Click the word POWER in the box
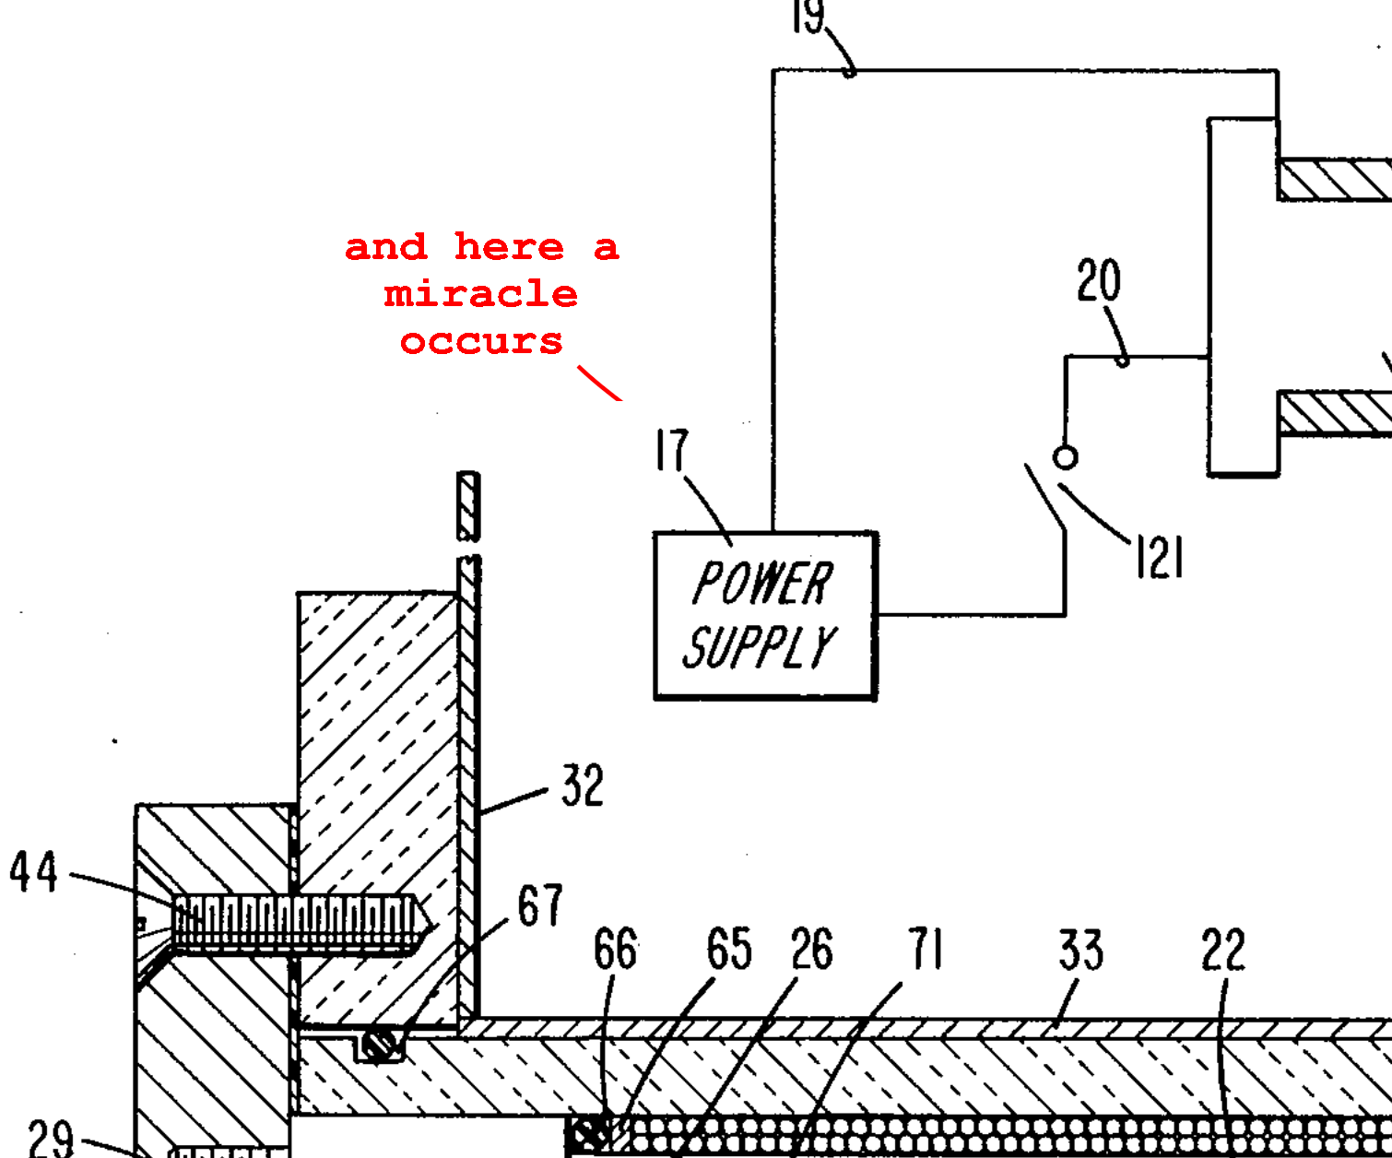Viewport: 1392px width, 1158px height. click(x=762, y=583)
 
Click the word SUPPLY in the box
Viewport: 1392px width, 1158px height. click(x=760, y=646)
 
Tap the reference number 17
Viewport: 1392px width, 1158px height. click(x=672, y=451)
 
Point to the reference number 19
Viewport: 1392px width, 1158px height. click(x=808, y=17)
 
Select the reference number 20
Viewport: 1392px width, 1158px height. click(x=1098, y=281)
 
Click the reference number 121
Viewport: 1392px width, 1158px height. click(x=1159, y=558)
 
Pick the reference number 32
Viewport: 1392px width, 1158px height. click(x=583, y=786)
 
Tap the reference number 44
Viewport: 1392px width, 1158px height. click(x=34, y=872)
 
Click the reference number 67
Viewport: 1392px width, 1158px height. click(x=539, y=906)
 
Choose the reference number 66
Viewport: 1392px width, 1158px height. click(x=615, y=950)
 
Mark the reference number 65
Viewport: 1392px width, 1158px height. click(x=728, y=950)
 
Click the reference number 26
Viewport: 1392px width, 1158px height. click(x=811, y=950)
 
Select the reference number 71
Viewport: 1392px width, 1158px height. click(x=926, y=950)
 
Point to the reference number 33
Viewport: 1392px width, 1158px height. click(x=1080, y=951)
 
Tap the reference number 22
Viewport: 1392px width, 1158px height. click(x=1222, y=951)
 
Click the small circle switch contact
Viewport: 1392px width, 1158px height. click(x=1065, y=457)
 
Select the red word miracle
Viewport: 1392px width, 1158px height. click(x=481, y=295)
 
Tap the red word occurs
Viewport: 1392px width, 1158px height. click(x=481, y=342)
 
